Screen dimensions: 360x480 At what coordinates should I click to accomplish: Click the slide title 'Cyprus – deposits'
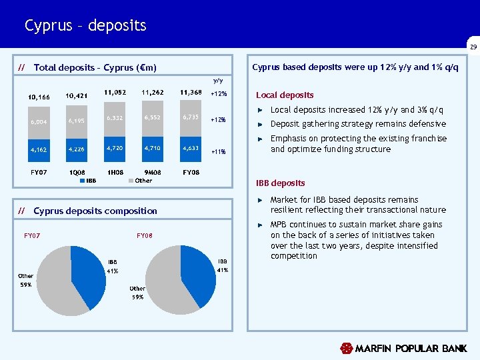point(85,26)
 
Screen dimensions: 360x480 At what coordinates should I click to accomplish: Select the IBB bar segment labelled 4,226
point(75,149)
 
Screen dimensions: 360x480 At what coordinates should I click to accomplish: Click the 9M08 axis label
point(153,172)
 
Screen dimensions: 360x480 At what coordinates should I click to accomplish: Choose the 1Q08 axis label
point(77,172)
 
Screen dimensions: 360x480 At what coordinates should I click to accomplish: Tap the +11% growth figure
point(219,152)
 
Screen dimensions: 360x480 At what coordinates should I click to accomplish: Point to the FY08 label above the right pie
point(145,235)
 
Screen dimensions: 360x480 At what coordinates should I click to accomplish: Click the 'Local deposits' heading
point(285,95)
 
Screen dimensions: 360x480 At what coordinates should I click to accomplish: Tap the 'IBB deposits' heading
point(281,183)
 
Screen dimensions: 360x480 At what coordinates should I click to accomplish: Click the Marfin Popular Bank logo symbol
point(346,348)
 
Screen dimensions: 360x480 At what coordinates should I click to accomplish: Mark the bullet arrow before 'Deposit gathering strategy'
point(261,124)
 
